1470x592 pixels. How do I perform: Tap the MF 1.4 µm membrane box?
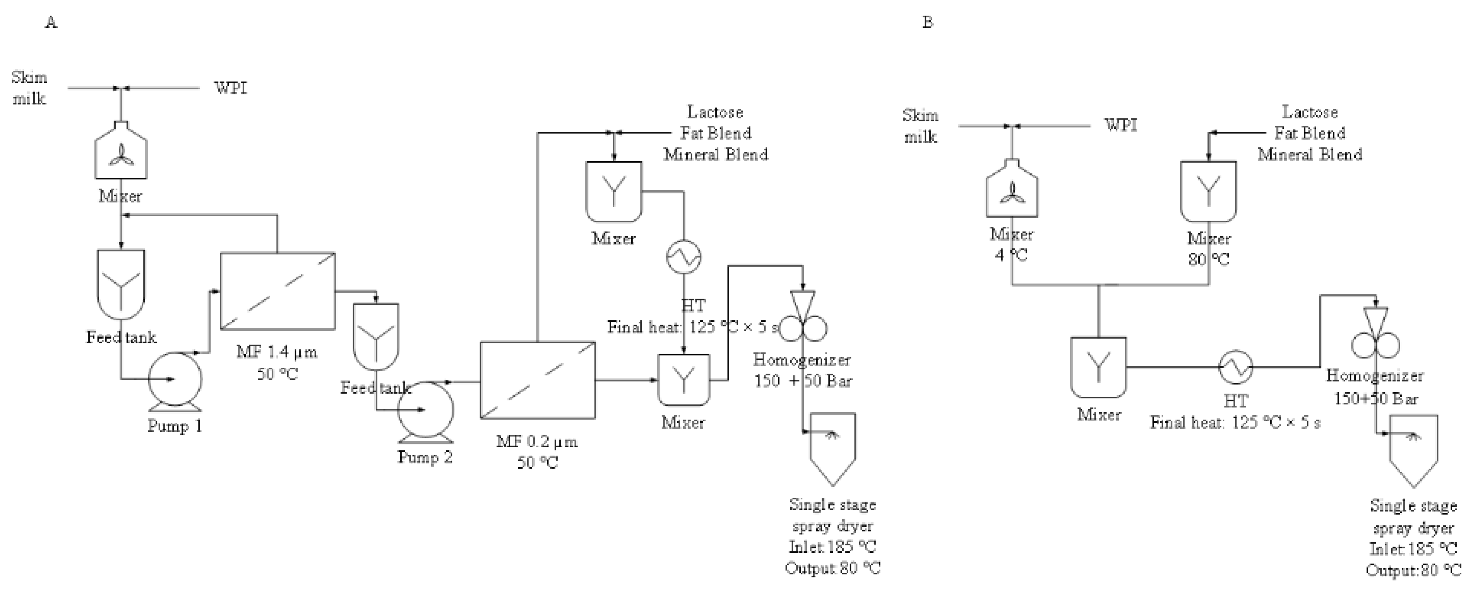pos(277,291)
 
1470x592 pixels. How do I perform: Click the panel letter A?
pos(52,23)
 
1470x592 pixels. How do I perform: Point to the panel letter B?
pos(927,23)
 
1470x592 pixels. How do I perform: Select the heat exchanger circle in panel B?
pos(1236,367)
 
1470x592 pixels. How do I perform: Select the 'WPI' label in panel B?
pos(1121,125)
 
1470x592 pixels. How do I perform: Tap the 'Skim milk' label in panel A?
pos(29,88)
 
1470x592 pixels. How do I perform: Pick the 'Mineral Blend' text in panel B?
pos(1310,155)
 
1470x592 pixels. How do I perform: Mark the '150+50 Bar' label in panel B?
pos(1375,399)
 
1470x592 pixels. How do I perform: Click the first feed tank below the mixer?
pos(121,284)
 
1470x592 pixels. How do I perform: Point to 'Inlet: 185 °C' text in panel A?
pos(832,547)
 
